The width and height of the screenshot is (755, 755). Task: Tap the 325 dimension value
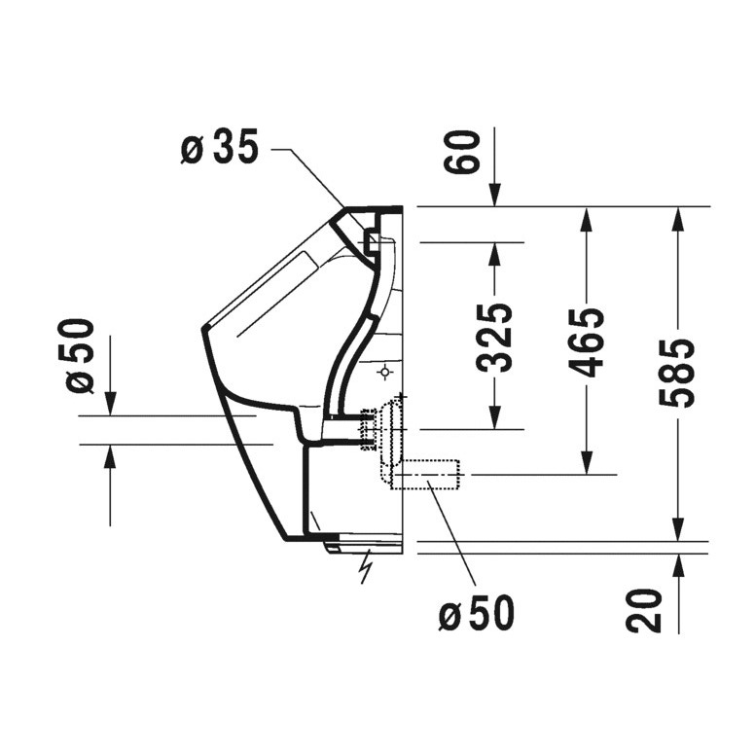coord(496,337)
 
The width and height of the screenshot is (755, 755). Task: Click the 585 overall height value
coord(676,372)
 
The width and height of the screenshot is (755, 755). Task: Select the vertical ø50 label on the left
coord(82,356)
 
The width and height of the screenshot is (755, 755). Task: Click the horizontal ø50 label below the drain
coord(476,613)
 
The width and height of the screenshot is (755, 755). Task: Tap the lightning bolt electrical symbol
coord(366,566)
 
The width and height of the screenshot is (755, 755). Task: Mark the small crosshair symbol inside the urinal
coord(386,372)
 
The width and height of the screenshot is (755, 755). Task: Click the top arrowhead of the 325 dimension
coord(495,253)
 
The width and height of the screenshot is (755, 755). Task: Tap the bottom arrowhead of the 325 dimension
coord(495,418)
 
